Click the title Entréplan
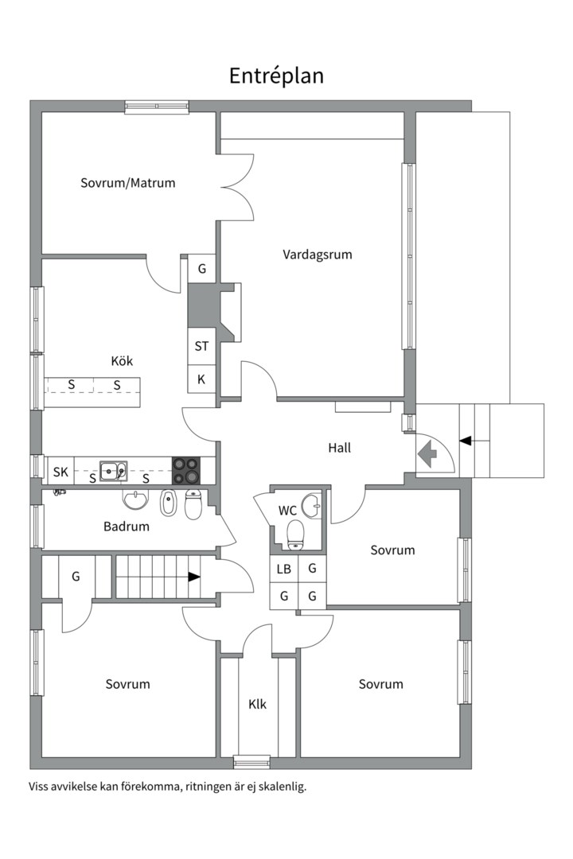click(x=276, y=76)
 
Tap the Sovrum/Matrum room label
click(x=127, y=183)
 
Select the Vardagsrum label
click(x=317, y=255)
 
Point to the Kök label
click(x=122, y=361)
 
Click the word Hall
click(x=339, y=448)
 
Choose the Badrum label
click(x=127, y=526)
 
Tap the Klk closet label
click(x=257, y=704)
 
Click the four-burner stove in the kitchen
click(x=188, y=470)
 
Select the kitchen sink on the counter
click(x=113, y=471)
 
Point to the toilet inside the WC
click(x=296, y=534)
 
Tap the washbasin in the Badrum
click(x=136, y=500)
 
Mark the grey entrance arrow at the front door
click(x=427, y=456)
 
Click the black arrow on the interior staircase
click(x=194, y=577)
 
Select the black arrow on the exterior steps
click(x=466, y=440)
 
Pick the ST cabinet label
click(x=201, y=347)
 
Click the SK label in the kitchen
click(x=60, y=472)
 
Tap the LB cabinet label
click(x=283, y=569)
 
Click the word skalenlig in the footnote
click(x=280, y=787)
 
